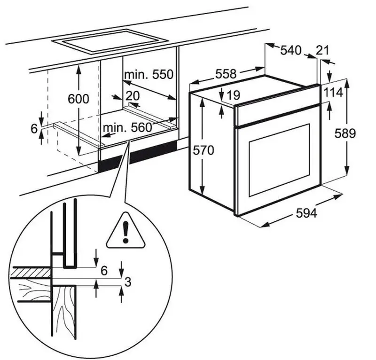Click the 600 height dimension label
78,99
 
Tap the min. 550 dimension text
149,74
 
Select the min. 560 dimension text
128,127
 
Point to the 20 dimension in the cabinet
133,95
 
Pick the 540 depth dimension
290,50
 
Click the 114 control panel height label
333,93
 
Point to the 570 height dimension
204,150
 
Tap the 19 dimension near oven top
233,96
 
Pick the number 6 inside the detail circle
104,271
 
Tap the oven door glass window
279,159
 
